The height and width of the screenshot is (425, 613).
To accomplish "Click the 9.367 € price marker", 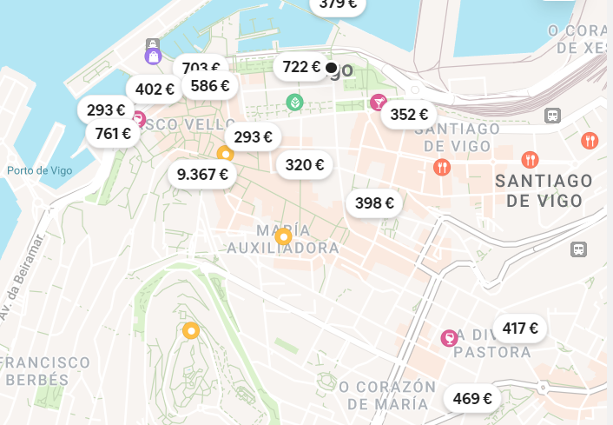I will (x=202, y=175).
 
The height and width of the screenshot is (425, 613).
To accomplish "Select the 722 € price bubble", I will (x=302, y=67).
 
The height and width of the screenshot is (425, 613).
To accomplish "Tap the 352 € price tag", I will (x=409, y=114).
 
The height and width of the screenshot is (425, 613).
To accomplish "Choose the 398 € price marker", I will (x=375, y=203).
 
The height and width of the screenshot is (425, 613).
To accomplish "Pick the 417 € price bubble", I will (x=520, y=329).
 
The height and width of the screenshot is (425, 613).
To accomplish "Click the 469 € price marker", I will (x=472, y=399).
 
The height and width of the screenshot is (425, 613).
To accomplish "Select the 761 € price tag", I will (x=113, y=134).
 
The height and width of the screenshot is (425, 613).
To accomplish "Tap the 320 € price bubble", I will (x=305, y=165).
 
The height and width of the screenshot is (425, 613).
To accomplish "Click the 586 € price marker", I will (x=210, y=85).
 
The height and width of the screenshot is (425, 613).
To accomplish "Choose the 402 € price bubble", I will (x=155, y=89).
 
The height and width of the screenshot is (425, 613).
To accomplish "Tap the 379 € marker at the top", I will (x=338, y=5).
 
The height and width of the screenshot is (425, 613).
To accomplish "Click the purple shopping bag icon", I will (x=153, y=56).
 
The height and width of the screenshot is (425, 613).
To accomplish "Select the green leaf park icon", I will (x=294, y=103).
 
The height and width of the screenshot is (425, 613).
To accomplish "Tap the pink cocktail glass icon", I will (x=378, y=103).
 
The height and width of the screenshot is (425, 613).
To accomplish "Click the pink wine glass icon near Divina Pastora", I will (x=449, y=337).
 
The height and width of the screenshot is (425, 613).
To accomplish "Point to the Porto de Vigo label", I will (x=39, y=170).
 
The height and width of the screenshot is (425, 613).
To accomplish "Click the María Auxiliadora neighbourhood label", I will (x=283, y=239).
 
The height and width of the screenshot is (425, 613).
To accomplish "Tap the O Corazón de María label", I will (x=387, y=395).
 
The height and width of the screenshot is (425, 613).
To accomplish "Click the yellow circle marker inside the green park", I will (x=190, y=330).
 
